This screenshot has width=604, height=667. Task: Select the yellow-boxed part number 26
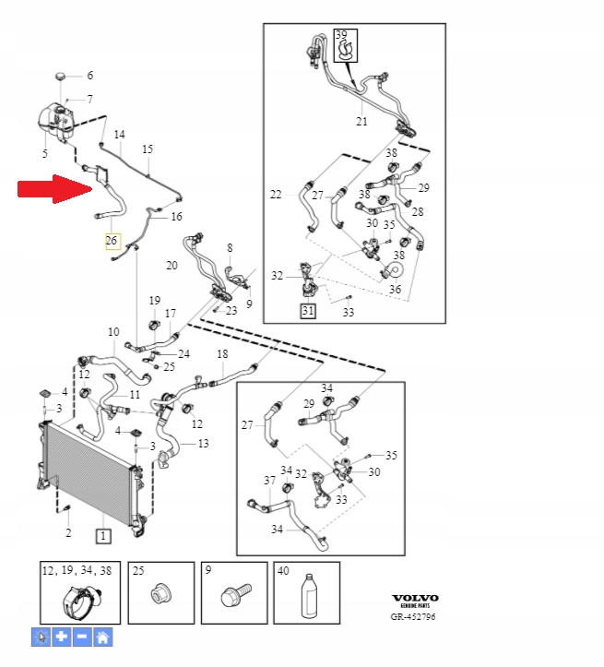(x=112, y=242)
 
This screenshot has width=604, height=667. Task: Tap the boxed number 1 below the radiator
(x=102, y=535)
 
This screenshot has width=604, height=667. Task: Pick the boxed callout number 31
(x=307, y=312)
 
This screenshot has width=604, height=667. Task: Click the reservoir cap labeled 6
(x=61, y=77)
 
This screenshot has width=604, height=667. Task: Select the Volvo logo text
(x=416, y=599)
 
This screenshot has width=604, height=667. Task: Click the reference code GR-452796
(x=416, y=616)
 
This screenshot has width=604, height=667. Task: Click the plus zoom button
(x=61, y=637)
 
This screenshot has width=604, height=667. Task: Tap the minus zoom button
(x=82, y=637)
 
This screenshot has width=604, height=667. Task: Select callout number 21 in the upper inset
(x=361, y=121)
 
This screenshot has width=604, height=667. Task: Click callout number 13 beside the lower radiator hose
(x=203, y=444)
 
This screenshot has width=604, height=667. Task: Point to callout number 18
(x=222, y=354)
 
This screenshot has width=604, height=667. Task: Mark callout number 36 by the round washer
(x=395, y=289)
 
